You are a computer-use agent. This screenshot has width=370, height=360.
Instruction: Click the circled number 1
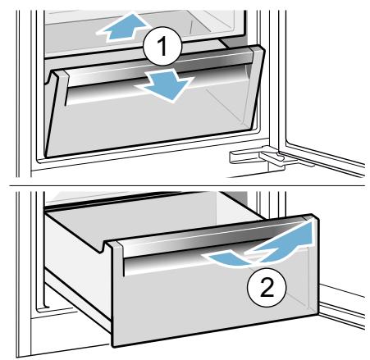162,46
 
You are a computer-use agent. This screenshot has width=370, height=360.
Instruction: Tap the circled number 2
267,287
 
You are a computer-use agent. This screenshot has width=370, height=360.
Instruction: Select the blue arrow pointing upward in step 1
123,27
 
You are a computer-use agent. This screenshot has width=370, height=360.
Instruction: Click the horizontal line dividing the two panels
187,186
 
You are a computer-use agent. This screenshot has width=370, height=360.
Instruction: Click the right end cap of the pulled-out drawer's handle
310,219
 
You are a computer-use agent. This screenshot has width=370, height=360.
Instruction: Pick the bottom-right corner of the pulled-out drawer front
317,314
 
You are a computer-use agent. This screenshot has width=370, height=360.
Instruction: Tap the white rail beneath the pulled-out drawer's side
78,303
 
